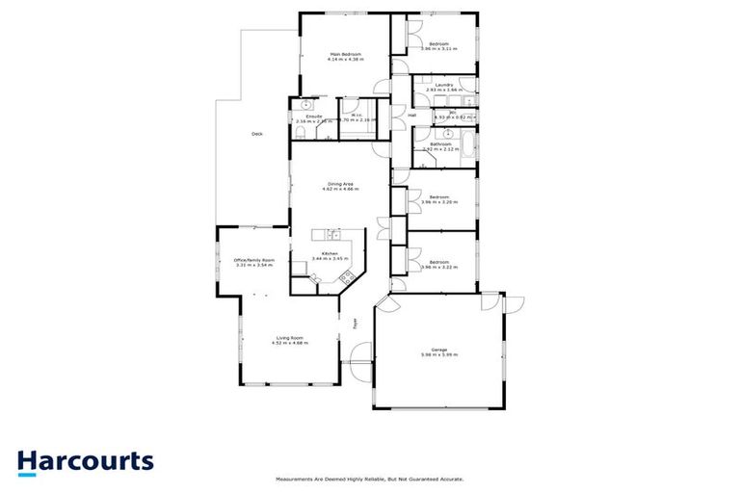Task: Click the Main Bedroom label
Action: coord(345,54)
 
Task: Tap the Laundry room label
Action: coord(444,85)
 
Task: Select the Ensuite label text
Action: coord(302,116)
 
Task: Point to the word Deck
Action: coord(256,134)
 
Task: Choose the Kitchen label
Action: coord(330,253)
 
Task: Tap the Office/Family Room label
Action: coord(254,259)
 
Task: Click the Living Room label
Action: coord(290,337)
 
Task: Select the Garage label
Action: coord(438,350)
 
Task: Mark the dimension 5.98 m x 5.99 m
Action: coord(438,355)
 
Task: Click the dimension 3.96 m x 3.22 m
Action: coord(438,268)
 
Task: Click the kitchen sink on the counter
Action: coord(332,234)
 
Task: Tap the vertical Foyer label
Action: coord(354,324)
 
